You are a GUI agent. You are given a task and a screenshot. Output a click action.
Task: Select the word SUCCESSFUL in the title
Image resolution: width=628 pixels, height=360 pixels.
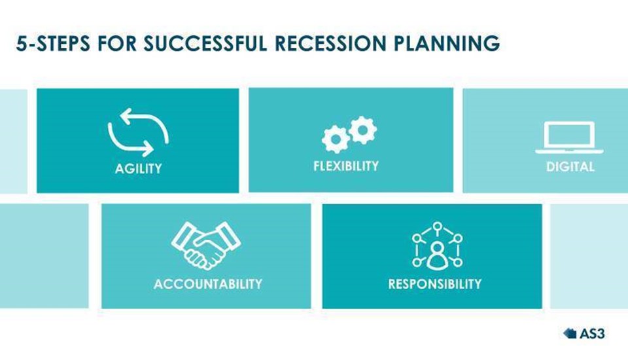pos(205,43)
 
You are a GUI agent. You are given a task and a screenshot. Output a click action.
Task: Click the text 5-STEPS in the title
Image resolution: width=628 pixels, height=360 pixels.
pos(53,43)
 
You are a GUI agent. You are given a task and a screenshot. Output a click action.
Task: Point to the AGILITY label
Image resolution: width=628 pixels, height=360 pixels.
pos(138,168)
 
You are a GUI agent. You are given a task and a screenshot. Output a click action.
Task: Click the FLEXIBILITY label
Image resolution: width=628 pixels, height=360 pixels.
pos(346,166)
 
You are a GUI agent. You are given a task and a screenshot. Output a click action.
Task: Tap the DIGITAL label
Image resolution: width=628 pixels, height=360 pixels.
pos(570,167)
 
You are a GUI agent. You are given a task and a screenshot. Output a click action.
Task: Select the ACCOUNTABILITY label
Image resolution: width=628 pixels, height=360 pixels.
pos(208,284)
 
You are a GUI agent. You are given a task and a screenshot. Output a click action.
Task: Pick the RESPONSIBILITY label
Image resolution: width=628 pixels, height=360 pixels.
pos(435,284)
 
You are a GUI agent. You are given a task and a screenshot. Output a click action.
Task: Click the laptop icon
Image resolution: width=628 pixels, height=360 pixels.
pos(570,137)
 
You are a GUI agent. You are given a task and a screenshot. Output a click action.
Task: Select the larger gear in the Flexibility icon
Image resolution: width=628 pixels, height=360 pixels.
pos(335,139)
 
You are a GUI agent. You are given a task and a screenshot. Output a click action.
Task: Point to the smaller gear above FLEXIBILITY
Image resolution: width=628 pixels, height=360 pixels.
pos(362,130)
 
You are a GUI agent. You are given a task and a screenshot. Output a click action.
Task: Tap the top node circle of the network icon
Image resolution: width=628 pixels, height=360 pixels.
pos(438,226)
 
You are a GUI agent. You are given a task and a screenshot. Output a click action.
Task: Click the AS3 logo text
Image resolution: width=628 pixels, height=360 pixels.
pos(592,334)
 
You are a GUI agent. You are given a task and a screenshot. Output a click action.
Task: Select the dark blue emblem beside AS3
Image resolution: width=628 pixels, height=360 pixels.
pos(570,333)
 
